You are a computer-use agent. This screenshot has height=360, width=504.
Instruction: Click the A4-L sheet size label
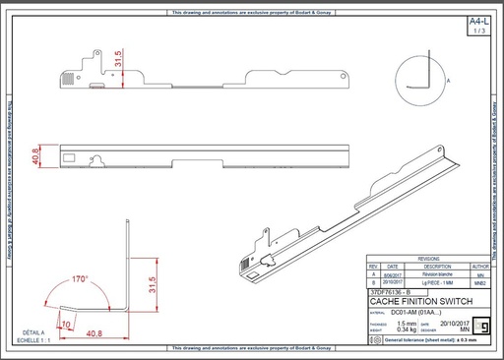(x=476, y=21)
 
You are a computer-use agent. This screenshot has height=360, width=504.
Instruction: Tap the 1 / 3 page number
(x=477, y=31)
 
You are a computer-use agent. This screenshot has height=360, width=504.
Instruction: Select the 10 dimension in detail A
(x=67, y=322)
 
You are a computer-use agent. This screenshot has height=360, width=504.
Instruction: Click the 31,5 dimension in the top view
(x=119, y=62)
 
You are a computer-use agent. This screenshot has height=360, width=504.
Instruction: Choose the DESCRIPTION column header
(x=430, y=266)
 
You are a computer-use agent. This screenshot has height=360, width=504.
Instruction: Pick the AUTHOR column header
(x=479, y=266)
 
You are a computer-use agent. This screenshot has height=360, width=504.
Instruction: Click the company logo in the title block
(x=481, y=324)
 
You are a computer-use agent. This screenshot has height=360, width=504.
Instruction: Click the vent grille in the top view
(x=68, y=75)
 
